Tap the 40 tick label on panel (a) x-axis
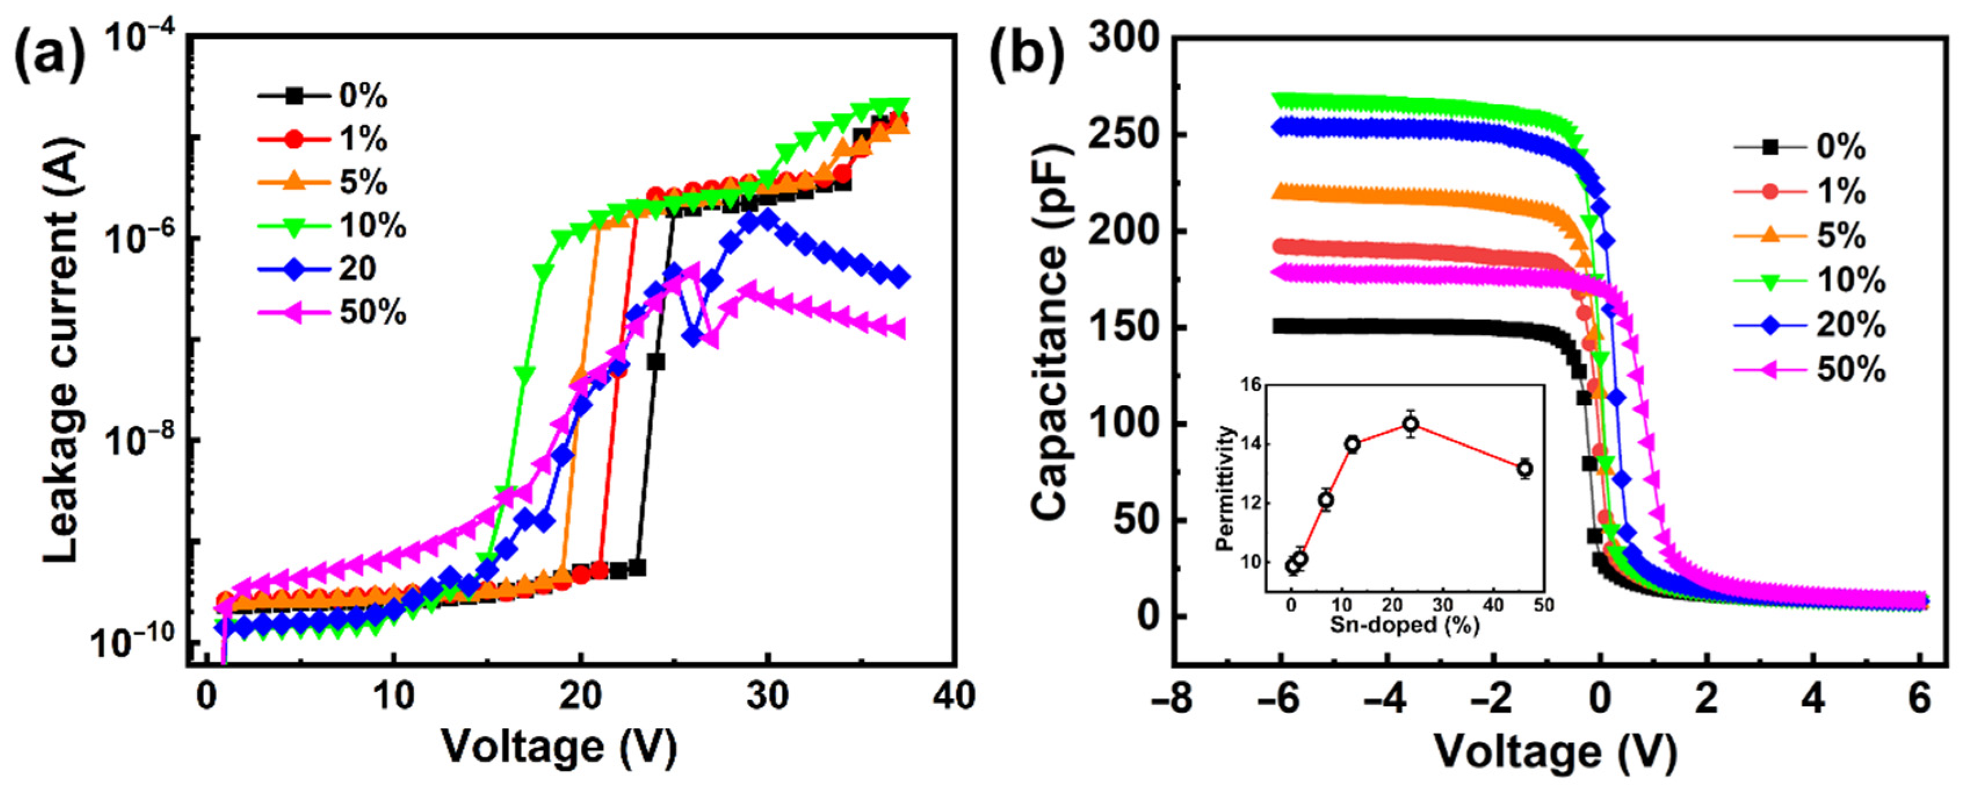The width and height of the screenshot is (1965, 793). [954, 696]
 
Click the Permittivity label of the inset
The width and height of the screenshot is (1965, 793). [1226, 488]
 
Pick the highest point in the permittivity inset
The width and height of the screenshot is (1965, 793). [1410, 424]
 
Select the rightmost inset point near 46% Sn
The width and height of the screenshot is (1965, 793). [1525, 469]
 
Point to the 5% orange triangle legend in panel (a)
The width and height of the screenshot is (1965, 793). [363, 183]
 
